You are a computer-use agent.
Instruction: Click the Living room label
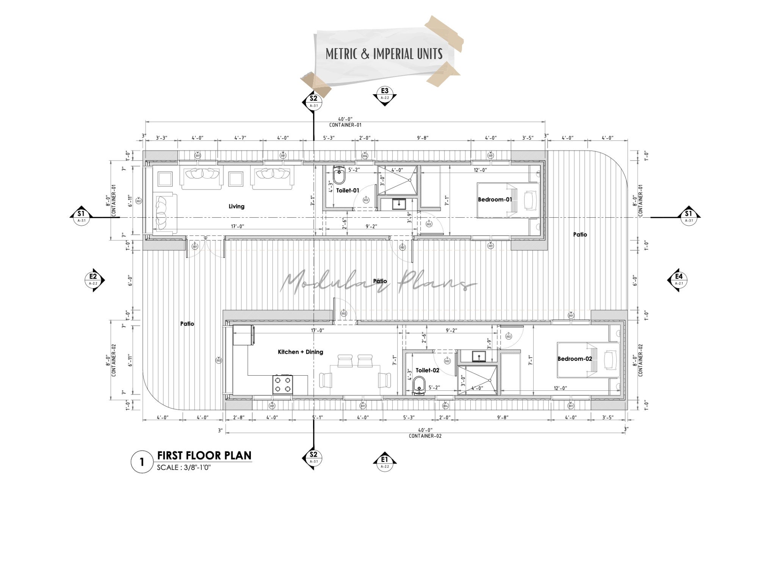point(236,206)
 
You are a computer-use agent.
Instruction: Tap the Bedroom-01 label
point(495,200)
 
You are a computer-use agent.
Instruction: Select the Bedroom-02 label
point(575,359)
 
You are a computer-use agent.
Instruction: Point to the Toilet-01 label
point(348,190)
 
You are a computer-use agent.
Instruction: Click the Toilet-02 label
point(427,370)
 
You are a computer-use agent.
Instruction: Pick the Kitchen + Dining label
point(301,352)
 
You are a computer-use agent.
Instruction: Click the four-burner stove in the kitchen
point(283,384)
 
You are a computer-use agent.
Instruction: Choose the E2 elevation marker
point(93,279)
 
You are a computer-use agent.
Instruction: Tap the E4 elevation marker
point(678,279)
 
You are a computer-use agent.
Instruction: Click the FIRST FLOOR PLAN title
point(204,455)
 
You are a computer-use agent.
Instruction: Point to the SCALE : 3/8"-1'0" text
point(184,467)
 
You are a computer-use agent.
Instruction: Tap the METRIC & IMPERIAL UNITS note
point(384,54)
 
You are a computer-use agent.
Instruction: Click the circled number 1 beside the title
point(142,462)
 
